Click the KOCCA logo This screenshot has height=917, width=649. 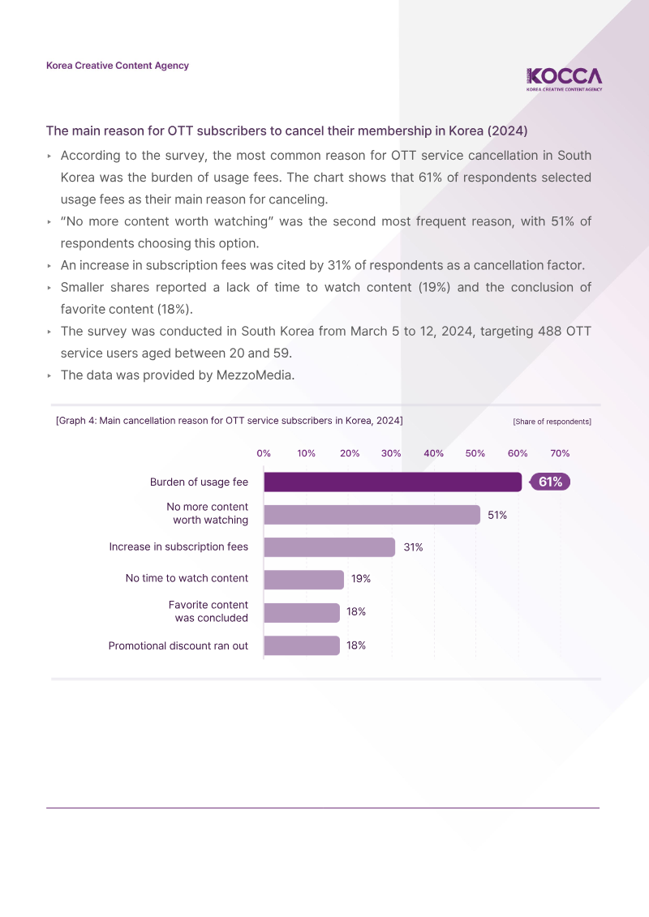point(564,79)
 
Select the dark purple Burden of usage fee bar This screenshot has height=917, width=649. point(393,482)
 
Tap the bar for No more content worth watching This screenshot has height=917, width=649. point(372,515)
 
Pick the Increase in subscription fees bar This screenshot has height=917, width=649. point(329,547)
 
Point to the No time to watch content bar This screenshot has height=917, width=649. point(303,580)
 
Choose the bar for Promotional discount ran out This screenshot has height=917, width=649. point(302,645)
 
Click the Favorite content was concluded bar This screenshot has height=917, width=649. point(302,613)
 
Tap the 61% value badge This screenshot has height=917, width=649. point(550,482)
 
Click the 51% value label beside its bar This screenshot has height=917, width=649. point(497,515)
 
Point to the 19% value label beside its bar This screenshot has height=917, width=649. point(361,579)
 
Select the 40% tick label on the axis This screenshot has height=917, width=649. point(434,453)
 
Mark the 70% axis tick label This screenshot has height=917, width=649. point(560,453)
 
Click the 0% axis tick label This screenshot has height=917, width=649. point(264,453)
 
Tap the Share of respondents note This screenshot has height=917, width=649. point(552,422)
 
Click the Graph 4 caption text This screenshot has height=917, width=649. point(230,421)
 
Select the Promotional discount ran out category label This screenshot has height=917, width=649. point(178,645)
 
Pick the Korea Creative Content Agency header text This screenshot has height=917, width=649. point(118,66)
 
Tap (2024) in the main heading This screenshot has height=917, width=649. point(507,131)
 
